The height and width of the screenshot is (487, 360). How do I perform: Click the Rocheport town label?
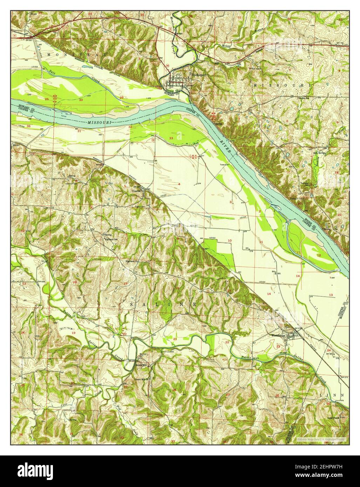196,74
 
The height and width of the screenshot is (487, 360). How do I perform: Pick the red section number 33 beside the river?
171,138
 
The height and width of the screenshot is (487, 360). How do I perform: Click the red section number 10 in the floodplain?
230,240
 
